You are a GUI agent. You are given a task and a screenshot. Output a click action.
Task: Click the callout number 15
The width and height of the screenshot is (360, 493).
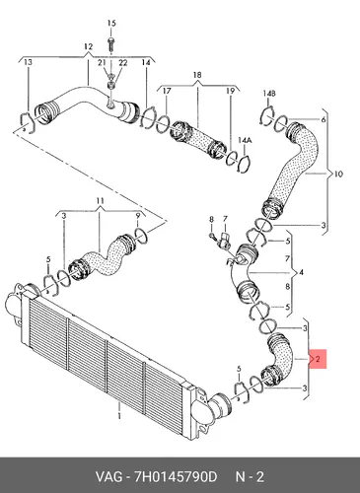pos(111,24)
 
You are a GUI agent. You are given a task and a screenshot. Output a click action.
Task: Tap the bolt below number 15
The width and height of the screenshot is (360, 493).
pos(111,43)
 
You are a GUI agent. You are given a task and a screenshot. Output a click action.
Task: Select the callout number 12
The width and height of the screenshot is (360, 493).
pos(88,47)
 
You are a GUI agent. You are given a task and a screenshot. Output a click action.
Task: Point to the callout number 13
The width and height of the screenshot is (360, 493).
pos(29,62)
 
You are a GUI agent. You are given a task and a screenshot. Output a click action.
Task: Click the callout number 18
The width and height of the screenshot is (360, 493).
pos(197,75)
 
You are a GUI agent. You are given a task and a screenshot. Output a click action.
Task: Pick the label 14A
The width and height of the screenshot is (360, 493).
pos(245,141)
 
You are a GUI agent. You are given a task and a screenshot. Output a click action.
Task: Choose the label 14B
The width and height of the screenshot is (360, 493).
pos(269,94)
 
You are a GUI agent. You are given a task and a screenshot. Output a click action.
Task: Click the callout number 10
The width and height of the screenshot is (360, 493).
pos(338,174)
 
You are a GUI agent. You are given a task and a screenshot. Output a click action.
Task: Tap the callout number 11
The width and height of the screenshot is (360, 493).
pos(101,200)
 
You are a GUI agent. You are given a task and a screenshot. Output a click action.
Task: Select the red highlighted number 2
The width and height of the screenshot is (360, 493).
pos(318,359)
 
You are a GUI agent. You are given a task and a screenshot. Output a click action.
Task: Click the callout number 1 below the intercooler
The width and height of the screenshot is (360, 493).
pos(119,415)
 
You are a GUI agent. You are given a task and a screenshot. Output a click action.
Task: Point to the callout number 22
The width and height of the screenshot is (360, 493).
pos(123,62)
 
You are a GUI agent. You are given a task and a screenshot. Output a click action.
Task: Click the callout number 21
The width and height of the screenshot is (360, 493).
pos(102,62)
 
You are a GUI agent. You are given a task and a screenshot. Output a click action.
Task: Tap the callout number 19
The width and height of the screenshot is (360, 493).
pos(230,91)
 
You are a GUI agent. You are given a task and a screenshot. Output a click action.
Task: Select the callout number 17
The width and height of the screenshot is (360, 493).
pos(167,91)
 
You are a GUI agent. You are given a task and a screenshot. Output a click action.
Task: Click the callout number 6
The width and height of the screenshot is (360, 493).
pos(324,119)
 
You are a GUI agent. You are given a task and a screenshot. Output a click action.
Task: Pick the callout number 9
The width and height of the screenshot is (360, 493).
pos(138,215)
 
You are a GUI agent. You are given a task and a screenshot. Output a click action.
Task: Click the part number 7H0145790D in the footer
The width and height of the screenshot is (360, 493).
pos(175,477)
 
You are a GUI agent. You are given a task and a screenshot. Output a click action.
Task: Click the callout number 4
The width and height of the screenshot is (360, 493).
pos(301,272)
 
